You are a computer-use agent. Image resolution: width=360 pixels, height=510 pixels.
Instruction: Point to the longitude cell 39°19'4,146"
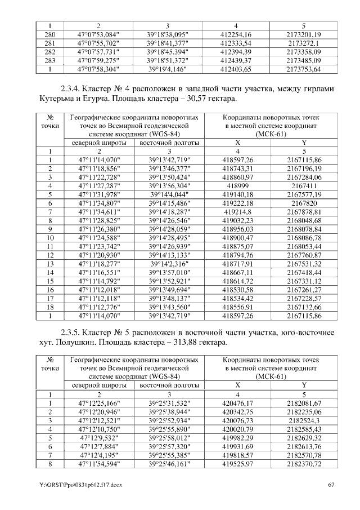[168, 69]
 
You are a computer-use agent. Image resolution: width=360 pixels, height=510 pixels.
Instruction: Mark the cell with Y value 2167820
[303, 202]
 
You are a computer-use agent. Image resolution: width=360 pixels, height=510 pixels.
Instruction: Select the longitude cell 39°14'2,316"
[168, 264]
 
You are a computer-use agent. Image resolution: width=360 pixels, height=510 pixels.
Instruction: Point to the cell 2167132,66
[303, 308]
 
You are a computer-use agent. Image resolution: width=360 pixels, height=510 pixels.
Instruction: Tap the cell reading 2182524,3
[303, 420]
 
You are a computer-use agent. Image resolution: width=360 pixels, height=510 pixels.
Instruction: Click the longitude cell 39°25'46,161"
[168, 464]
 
